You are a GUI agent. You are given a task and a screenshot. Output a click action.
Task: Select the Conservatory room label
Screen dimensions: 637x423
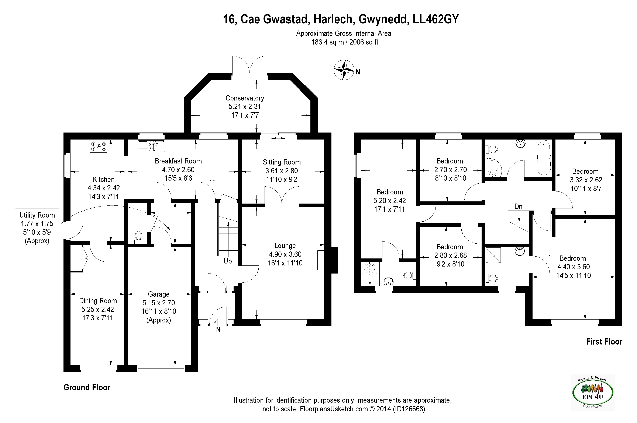pyautogui.click(x=245, y=98)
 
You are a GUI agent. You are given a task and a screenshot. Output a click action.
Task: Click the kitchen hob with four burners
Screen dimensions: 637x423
pyautogui.click(x=99, y=146)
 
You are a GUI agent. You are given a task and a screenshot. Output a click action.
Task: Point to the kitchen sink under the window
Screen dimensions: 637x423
pyautogui.click(x=151, y=146)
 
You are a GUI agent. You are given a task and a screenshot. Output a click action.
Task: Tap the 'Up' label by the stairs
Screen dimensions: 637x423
pyautogui.click(x=228, y=261)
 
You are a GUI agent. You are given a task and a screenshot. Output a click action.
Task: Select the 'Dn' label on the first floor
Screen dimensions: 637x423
pyautogui.click(x=518, y=206)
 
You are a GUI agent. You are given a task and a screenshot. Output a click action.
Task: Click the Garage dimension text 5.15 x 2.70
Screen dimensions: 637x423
pyautogui.click(x=159, y=303)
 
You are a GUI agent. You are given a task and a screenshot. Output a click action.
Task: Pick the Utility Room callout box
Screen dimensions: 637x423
pyautogui.click(x=37, y=228)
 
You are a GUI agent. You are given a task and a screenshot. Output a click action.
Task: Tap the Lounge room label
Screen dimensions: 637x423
pyautogui.click(x=285, y=246)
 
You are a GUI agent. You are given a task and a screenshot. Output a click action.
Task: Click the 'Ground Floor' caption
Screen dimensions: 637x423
pyautogui.click(x=87, y=387)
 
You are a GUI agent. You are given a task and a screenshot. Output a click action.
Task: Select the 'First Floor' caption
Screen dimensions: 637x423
pyautogui.click(x=604, y=342)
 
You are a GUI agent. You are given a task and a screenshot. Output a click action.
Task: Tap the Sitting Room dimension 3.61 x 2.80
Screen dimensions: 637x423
pyautogui.click(x=282, y=171)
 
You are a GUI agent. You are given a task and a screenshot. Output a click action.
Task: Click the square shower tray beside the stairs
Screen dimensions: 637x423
pyautogui.click(x=493, y=255)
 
